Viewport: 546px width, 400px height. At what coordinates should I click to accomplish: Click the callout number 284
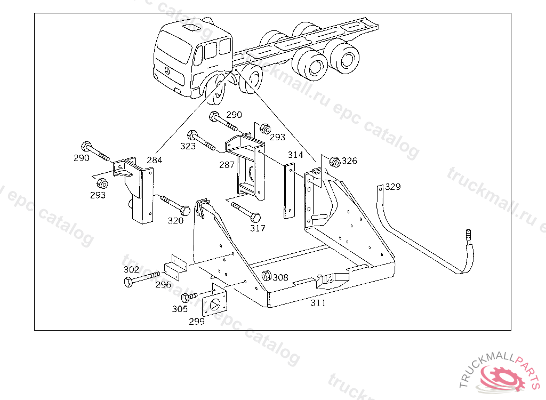tap(154, 160)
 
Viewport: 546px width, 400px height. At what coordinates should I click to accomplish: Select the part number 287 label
tap(227, 164)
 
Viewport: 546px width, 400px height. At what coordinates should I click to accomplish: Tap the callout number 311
tap(318, 303)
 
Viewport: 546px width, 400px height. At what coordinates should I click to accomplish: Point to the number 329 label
tap(393, 187)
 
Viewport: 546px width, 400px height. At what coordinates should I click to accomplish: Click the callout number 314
tap(295, 155)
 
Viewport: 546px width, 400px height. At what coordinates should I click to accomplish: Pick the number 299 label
tap(197, 321)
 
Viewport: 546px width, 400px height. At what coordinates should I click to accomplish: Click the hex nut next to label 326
tap(334, 162)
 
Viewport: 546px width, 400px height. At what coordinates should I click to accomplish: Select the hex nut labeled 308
tap(267, 275)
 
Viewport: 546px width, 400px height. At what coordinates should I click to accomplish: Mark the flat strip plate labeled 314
tap(290, 191)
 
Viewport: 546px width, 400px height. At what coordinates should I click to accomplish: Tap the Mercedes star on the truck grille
tap(167, 72)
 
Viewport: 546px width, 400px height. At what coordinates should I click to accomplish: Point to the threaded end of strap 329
tap(468, 235)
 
